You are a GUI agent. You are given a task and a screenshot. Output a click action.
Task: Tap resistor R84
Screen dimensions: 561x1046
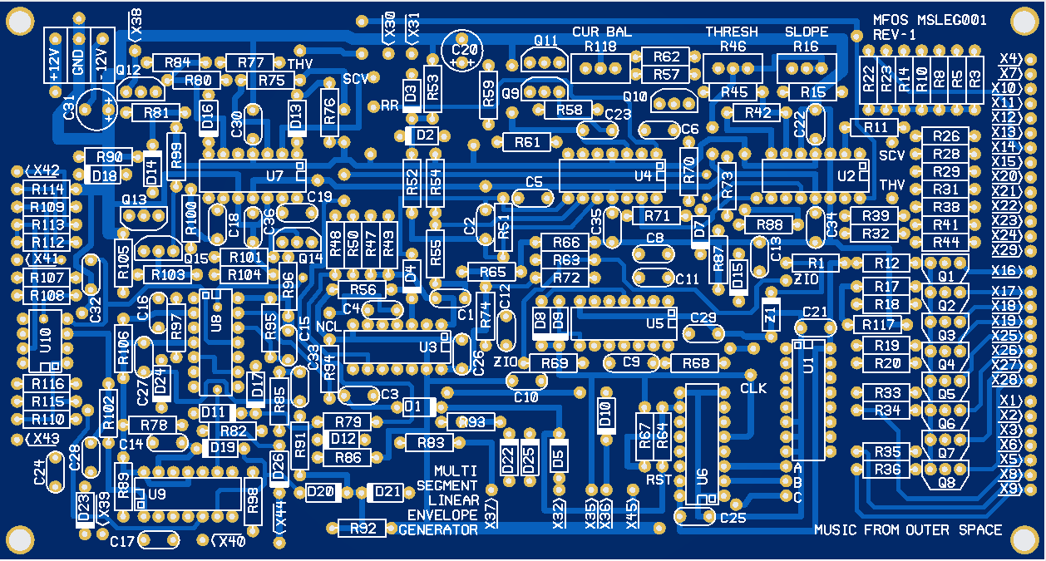click(176, 62)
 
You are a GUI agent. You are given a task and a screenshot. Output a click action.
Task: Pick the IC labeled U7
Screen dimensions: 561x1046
click(253, 175)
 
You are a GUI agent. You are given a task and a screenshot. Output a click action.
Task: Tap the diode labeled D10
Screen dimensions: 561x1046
click(605, 412)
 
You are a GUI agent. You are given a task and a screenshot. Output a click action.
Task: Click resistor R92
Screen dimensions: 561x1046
click(363, 528)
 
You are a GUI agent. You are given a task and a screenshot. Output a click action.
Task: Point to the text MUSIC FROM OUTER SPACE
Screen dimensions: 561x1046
click(908, 530)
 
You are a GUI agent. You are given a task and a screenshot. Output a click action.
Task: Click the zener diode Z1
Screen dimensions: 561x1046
click(770, 314)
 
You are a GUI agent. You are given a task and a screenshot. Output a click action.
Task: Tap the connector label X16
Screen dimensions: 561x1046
click(1006, 271)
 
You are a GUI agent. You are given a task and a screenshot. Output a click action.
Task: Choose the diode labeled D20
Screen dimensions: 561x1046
click(323, 492)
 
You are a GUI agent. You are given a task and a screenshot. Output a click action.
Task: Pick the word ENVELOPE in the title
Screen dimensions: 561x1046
click(442, 515)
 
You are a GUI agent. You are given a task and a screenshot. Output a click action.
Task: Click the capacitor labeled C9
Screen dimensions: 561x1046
click(631, 362)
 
